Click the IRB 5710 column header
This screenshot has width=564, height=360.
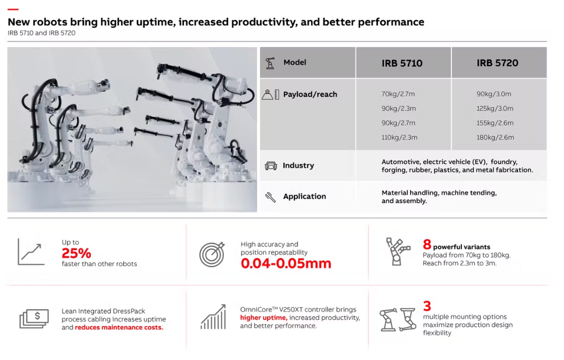[x=402, y=63]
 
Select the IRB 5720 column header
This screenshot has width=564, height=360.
[x=497, y=63]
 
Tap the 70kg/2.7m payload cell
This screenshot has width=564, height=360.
[x=398, y=94]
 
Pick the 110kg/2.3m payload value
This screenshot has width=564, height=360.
[x=399, y=137]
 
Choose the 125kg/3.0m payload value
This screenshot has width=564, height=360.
[x=495, y=108]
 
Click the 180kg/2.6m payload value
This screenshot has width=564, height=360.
[x=495, y=137]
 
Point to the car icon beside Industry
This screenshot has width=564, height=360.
[x=271, y=165]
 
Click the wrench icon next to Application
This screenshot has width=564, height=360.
[x=270, y=197]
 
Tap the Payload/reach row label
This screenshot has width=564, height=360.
[x=310, y=94]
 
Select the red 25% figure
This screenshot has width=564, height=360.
[x=76, y=253]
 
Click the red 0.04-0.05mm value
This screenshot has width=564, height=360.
[x=286, y=263]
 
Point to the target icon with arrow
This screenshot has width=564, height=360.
[x=212, y=254]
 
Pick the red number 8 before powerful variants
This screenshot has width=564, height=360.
[x=427, y=244]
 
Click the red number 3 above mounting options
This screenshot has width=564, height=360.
[x=427, y=306]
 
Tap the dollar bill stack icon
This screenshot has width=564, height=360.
[x=34, y=319]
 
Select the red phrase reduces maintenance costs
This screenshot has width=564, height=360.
[x=119, y=327]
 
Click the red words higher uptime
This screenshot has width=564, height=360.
[x=264, y=317]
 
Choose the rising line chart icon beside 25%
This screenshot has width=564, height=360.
[x=31, y=252]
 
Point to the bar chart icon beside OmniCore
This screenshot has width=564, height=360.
[x=213, y=317]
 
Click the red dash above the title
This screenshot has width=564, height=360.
[x=13, y=9]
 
